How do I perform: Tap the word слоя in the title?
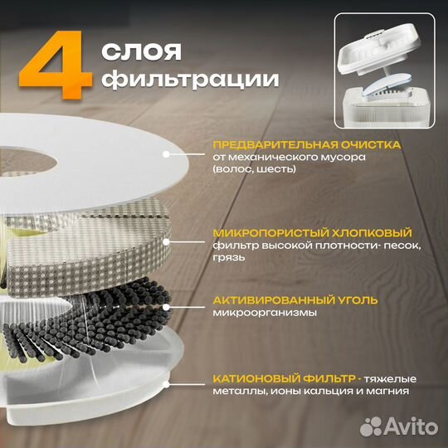[x=141, y=51]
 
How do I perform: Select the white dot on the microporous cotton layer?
[x=168, y=241]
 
